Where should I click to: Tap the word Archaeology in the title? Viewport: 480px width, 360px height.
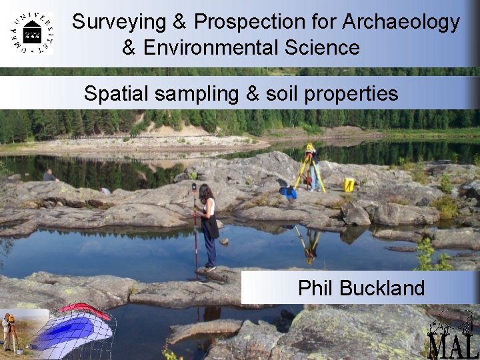click(x=401, y=22)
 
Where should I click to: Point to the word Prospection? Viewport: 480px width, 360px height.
click(x=250, y=22)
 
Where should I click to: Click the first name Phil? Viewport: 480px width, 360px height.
click(x=316, y=288)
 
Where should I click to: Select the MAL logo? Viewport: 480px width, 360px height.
click(x=453, y=336)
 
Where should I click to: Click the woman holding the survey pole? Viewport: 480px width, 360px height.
click(x=207, y=223)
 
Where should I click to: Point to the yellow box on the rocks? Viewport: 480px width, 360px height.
click(x=349, y=185)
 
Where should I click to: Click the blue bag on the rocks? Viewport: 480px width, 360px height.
click(x=288, y=192)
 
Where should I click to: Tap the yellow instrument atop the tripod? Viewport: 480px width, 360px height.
click(x=310, y=147)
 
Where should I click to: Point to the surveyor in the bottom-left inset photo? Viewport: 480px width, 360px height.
click(x=8, y=331)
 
